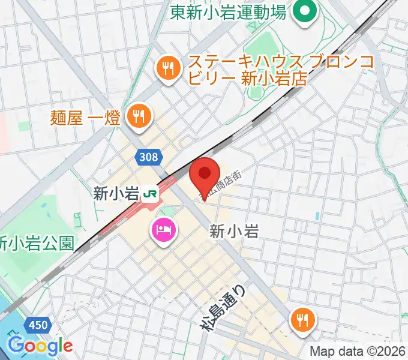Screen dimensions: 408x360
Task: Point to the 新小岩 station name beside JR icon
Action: point(115,193)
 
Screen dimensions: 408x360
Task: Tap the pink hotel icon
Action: point(163,230)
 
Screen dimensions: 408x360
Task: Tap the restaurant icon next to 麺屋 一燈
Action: point(139,116)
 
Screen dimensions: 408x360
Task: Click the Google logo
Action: point(40,346)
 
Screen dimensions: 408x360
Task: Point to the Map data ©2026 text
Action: point(358,352)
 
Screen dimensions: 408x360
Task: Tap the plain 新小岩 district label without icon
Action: point(234,231)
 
